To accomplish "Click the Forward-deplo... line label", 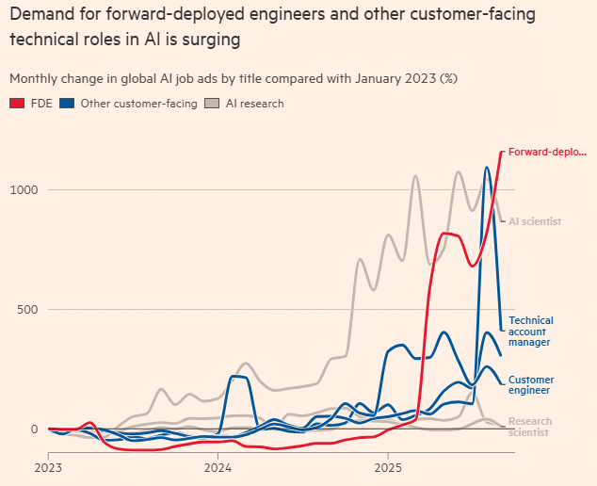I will [546, 152].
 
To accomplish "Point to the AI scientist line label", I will [535, 221].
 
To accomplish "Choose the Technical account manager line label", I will [531, 332].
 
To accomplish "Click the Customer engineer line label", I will [529, 383].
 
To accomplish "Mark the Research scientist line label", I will [530, 427].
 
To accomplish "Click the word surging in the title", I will [211, 40].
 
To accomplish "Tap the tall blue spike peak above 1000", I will [487, 168].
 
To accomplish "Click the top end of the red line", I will [501, 152].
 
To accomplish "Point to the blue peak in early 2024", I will [237, 377].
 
